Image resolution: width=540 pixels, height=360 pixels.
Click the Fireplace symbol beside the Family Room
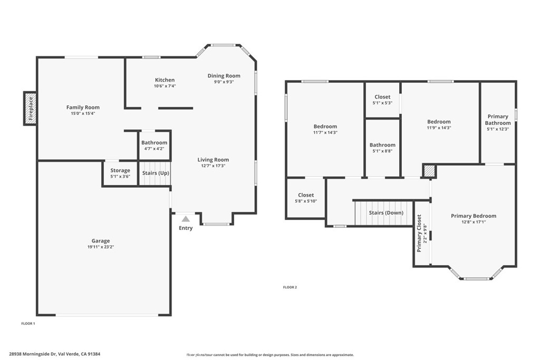[x=30, y=108]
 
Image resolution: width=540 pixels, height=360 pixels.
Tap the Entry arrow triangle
[x=186, y=218]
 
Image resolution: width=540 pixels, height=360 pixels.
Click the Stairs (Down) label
[x=385, y=212]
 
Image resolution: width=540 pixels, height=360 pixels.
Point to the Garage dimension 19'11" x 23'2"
[x=100, y=247]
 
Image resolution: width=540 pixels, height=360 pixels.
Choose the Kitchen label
[x=165, y=80]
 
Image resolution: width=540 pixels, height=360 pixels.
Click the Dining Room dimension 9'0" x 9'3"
[x=224, y=82]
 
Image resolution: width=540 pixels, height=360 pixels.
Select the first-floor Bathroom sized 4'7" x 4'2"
[x=154, y=145]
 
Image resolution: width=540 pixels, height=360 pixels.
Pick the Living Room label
[x=213, y=160]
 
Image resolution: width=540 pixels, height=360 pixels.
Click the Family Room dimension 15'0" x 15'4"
[x=83, y=113]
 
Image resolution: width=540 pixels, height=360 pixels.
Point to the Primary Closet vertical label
[x=420, y=233]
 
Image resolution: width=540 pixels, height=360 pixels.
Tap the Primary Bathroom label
[x=498, y=120]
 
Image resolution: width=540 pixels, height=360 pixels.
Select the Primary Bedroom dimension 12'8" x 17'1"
[x=473, y=222]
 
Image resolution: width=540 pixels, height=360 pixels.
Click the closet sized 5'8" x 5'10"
[x=306, y=198]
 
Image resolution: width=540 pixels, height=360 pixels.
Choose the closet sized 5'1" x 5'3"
[x=382, y=100]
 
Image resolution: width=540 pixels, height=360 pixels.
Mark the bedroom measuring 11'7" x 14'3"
[x=325, y=129]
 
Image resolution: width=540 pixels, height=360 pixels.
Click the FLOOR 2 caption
[x=290, y=287]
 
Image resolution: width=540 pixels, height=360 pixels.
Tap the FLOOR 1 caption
[x=28, y=323]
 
